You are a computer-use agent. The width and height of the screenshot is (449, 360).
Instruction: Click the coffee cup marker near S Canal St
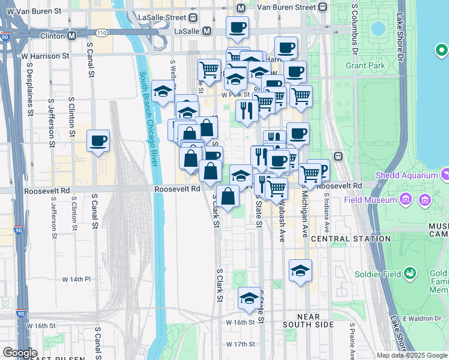point(98,142)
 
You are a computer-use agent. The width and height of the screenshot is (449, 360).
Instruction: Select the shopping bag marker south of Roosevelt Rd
point(228,196)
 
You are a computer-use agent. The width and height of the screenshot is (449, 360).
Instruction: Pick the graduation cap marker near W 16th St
point(249,298)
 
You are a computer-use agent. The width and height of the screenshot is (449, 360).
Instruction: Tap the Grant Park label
point(364,65)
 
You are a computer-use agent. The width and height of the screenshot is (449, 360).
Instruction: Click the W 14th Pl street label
point(76,280)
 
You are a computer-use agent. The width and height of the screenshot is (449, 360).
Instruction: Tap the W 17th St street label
point(241,344)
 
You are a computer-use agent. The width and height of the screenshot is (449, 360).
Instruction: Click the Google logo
point(20,353)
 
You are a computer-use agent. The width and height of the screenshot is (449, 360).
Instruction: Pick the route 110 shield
point(101,32)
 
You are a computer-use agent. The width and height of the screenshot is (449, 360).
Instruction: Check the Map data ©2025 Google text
point(412,355)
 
